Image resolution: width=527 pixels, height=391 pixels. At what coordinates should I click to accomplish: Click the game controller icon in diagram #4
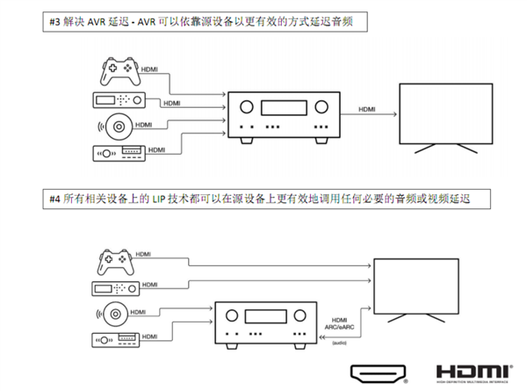(114, 262)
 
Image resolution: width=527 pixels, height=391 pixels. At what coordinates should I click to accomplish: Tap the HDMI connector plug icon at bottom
(377, 373)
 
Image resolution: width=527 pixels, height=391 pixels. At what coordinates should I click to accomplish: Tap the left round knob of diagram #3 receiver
(245, 107)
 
